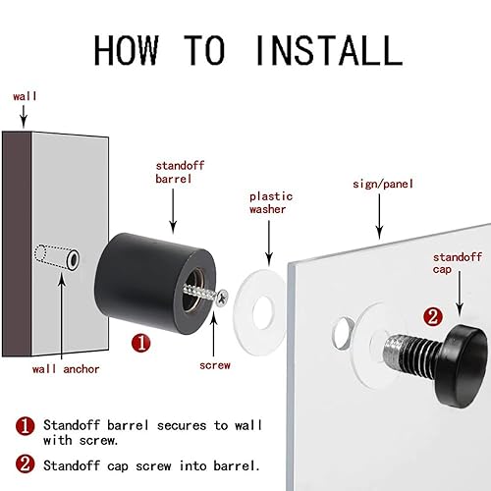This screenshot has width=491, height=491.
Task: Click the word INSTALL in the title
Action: (x=329, y=50)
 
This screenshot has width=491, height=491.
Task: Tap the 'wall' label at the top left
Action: (x=25, y=96)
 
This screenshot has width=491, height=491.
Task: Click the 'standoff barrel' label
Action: (x=180, y=172)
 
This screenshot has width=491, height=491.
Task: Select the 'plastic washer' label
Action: (x=271, y=203)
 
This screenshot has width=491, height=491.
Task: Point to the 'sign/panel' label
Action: (x=383, y=184)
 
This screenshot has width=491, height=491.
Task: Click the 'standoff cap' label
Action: (x=458, y=263)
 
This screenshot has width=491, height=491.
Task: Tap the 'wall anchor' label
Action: (x=66, y=369)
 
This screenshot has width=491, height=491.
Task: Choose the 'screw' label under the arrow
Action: (x=215, y=365)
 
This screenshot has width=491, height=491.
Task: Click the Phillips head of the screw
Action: (x=222, y=298)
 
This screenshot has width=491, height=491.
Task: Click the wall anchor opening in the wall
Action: (x=73, y=259)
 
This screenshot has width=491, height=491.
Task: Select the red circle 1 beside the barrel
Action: (x=141, y=344)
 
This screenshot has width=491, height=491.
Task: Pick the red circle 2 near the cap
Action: (x=433, y=316)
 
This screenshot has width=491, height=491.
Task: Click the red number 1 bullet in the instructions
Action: (x=25, y=426)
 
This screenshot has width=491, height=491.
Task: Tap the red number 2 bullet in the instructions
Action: (x=25, y=464)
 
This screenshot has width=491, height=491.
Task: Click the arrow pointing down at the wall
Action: (x=24, y=116)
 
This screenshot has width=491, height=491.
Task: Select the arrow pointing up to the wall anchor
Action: (x=62, y=316)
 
